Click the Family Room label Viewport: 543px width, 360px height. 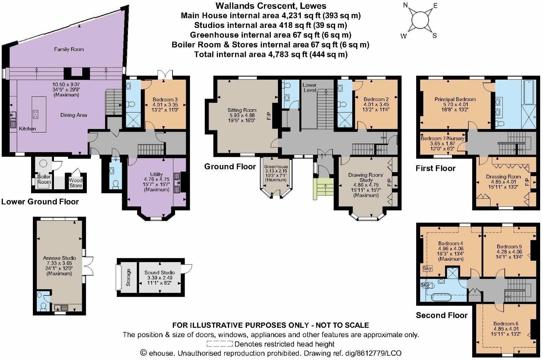click(x=69, y=49)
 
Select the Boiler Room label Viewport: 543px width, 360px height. click(x=44, y=179)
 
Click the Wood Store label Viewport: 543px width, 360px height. click(x=76, y=183)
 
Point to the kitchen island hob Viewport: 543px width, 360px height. click(x=36, y=114)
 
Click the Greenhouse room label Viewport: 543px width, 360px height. click(x=276, y=167)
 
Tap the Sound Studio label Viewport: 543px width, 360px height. click(x=159, y=272)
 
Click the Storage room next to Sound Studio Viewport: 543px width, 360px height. click(x=128, y=277)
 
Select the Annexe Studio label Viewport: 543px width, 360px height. click(x=59, y=258)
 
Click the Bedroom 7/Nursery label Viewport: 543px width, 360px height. click(x=442, y=139)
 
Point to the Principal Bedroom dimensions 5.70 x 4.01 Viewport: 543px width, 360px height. click(x=455, y=105)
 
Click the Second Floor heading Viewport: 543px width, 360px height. click(x=442, y=315)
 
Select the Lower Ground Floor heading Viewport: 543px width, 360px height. click(x=40, y=201)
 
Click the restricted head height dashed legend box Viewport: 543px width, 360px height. click(x=219, y=344)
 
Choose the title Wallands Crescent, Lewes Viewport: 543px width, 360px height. click(x=271, y=6)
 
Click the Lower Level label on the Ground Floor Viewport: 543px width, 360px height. click(x=309, y=87)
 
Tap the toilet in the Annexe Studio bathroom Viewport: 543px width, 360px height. click(x=43, y=307)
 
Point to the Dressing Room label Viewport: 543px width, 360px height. click(x=503, y=177)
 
